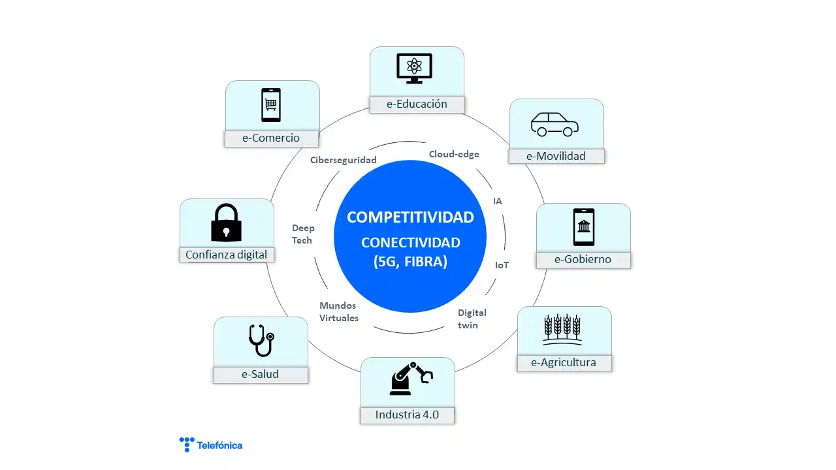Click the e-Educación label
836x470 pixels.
417,104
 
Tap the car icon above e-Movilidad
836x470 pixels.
555,124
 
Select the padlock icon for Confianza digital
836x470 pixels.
226,223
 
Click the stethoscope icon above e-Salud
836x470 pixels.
261,340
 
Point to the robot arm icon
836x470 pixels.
411,378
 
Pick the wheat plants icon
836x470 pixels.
562,330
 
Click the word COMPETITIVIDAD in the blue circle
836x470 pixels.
410,217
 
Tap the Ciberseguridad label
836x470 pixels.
344,160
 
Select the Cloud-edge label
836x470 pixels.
454,154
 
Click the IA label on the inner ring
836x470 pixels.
498,201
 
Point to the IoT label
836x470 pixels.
502,265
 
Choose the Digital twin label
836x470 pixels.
472,319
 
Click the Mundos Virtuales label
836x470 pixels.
339,312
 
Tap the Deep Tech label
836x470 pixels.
303,234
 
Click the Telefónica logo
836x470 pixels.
211,445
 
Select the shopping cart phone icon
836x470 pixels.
271,105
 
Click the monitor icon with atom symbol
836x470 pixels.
414,69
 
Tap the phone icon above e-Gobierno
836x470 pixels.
584,227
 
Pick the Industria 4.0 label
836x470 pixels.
407,415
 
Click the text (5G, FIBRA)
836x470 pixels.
410,262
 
